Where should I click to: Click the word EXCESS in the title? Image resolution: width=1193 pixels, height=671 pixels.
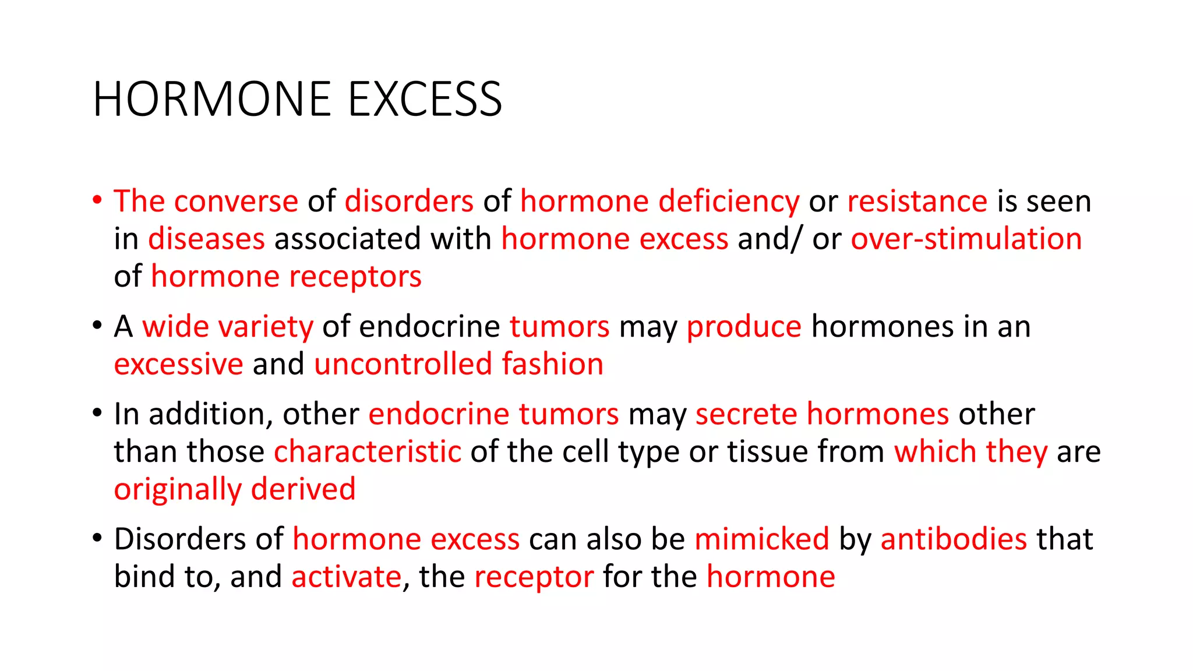tap(425, 100)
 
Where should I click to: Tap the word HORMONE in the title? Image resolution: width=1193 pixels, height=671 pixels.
tap(213, 100)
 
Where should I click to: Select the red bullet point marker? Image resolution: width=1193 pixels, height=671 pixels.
tap(97, 200)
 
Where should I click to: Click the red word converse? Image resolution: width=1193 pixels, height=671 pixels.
tap(236, 202)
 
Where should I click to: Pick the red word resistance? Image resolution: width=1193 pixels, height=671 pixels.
tap(917, 202)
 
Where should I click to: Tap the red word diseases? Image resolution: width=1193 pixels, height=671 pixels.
tap(206, 239)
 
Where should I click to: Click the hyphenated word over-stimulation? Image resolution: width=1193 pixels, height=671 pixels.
tap(966, 239)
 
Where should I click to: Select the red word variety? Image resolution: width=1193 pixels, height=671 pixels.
tap(265, 327)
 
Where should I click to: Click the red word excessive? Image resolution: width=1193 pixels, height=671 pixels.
tap(178, 365)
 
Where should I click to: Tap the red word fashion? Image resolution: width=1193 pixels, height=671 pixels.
tap(552, 365)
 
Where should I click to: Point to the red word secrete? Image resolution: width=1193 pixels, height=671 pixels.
tap(746, 415)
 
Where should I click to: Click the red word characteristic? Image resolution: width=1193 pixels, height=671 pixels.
tap(368, 452)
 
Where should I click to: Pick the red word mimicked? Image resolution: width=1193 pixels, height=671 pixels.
tap(761, 539)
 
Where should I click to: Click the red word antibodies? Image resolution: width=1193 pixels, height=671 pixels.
tap(954, 539)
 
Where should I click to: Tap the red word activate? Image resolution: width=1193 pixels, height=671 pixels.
tap(347, 577)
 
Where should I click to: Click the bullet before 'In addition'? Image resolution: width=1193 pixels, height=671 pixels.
tap(97, 414)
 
